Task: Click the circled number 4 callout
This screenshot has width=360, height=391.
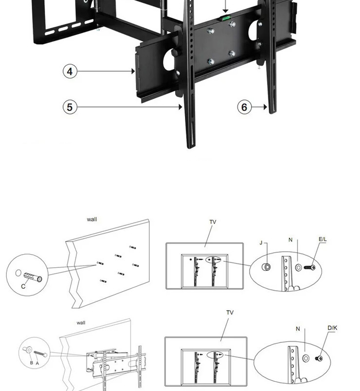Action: (x=70, y=71)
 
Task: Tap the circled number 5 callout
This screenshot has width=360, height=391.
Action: (x=70, y=107)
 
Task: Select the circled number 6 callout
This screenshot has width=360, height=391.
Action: (x=244, y=107)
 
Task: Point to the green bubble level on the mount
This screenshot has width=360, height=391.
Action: (x=225, y=18)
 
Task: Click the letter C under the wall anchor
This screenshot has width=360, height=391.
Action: (x=23, y=287)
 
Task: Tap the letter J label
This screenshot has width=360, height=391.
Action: (x=261, y=242)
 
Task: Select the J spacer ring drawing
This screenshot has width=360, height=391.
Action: (x=267, y=267)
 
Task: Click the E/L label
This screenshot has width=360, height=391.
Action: (x=323, y=239)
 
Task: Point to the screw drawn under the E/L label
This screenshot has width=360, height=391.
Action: (x=310, y=267)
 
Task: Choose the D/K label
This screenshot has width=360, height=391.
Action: (x=332, y=328)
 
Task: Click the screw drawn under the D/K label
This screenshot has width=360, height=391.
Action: (x=321, y=358)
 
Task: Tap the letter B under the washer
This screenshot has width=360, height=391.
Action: (x=31, y=363)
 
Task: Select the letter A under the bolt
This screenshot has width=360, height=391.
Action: (x=37, y=363)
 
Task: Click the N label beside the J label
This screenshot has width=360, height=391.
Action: (x=290, y=240)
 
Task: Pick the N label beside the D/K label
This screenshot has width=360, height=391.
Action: (x=298, y=329)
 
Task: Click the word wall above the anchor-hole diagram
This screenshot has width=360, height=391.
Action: (x=91, y=219)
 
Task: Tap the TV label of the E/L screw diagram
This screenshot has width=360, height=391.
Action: (x=213, y=222)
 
